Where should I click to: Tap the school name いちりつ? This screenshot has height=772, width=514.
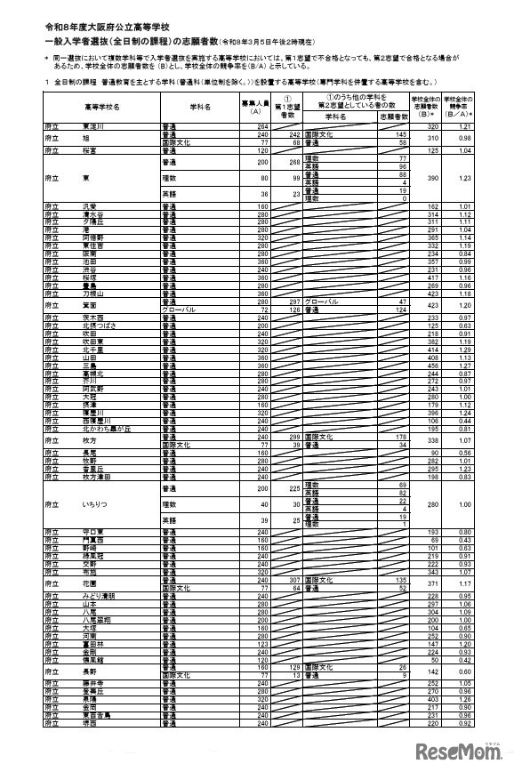(93, 503)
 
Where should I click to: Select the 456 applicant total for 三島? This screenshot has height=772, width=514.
(434, 365)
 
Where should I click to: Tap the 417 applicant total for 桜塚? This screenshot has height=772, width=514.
(434, 277)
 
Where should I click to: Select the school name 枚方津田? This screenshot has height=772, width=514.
(94, 476)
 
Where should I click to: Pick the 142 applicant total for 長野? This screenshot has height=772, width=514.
(434, 671)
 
